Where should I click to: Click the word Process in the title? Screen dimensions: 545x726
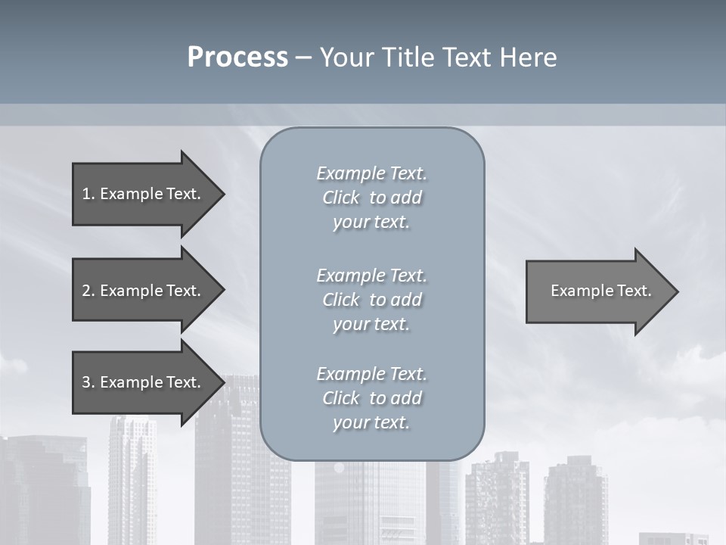point(237,58)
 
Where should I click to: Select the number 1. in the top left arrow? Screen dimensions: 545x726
point(88,194)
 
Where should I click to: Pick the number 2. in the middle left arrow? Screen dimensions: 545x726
point(88,291)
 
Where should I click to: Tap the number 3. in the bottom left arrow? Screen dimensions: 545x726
point(88,382)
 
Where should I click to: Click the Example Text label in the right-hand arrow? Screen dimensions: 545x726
point(601,291)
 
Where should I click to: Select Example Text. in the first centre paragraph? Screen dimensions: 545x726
point(371,173)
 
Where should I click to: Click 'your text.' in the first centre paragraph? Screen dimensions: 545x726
point(371,223)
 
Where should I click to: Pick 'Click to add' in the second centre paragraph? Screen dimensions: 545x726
point(371,300)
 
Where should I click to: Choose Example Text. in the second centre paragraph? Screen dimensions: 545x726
point(371,276)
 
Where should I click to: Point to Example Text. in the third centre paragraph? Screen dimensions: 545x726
point(371,374)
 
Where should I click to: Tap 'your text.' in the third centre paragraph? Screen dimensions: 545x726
point(371,423)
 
